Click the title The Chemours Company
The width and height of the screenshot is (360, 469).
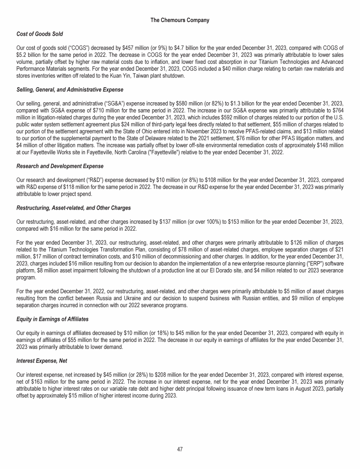pos(180,21)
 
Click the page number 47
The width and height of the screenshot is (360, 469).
pos(180,449)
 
